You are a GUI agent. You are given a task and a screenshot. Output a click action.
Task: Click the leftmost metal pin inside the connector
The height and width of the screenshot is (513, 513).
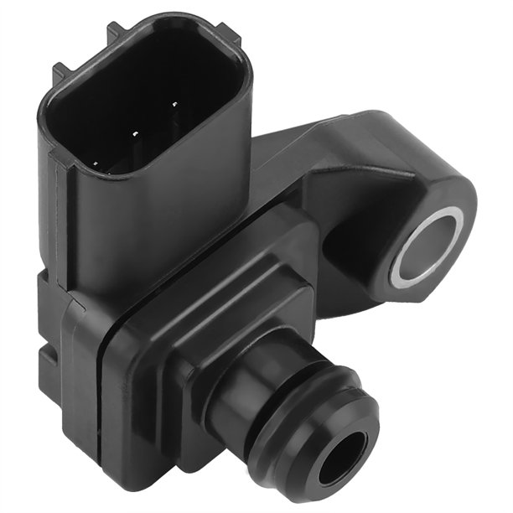(x=96, y=163)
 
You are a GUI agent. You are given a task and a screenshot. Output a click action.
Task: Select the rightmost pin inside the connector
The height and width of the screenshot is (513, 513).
(x=175, y=106)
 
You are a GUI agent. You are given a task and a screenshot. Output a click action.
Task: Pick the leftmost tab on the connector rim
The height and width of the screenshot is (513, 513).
(x=57, y=72)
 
